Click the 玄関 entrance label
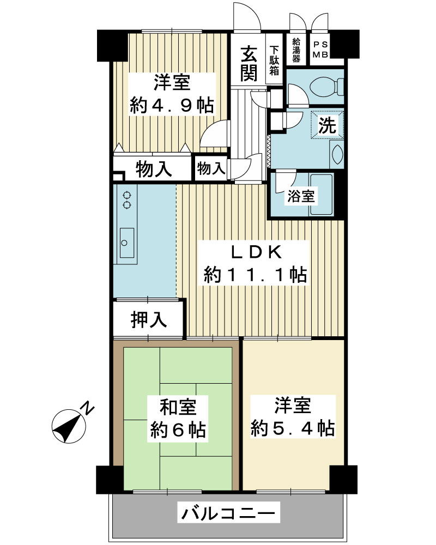(249, 63)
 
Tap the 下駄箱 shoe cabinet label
(274, 60)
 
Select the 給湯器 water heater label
(296, 50)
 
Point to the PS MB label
(320, 50)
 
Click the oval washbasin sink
(337, 154)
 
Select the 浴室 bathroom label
(301, 196)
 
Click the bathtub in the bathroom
(322, 194)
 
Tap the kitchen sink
(127, 243)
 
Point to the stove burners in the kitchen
(127, 200)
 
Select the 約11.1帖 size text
(255, 275)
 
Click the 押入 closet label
(149, 320)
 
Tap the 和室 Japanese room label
(178, 407)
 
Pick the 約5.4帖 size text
(293, 428)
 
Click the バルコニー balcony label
(228, 513)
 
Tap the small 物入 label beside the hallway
(211, 168)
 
